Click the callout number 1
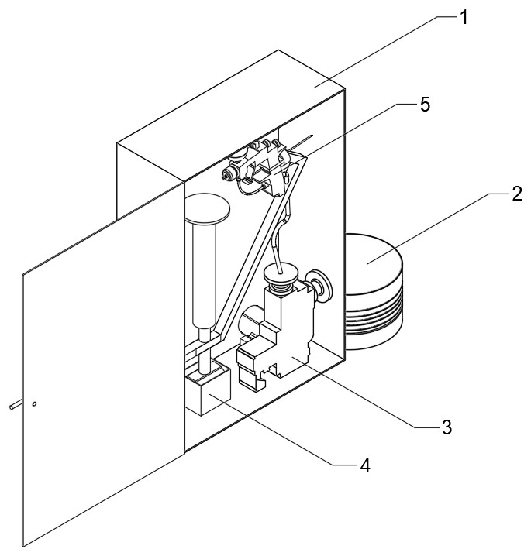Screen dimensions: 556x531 (x=463, y=16)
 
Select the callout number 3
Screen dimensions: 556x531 (x=446, y=426)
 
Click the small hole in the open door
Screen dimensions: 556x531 (x=36, y=404)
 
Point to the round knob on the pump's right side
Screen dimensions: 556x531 (x=317, y=283)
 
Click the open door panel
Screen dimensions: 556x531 (x=101, y=372)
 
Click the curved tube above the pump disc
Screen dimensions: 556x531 (x=280, y=236)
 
